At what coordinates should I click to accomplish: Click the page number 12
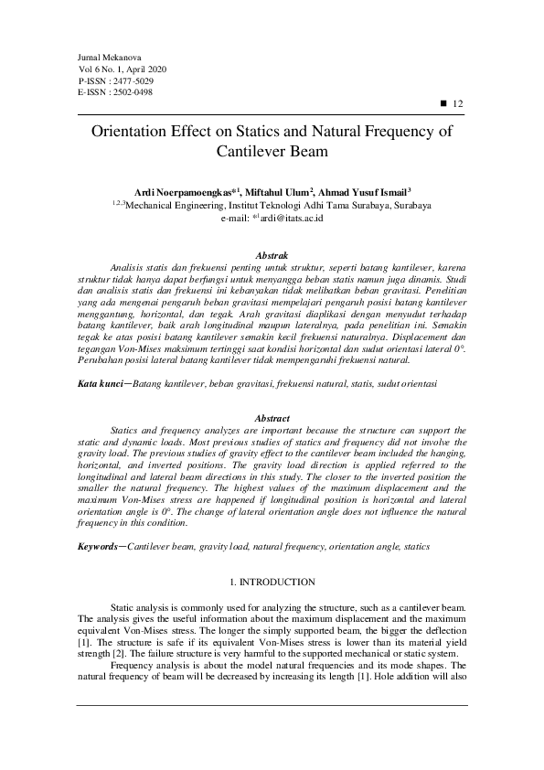[459, 104]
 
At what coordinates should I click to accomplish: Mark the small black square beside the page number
[443, 104]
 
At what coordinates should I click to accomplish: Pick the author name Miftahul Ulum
[279, 193]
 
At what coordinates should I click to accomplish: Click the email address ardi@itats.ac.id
[281, 219]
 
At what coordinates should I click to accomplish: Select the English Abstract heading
[272, 418]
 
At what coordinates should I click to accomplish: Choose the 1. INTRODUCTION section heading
[272, 583]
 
